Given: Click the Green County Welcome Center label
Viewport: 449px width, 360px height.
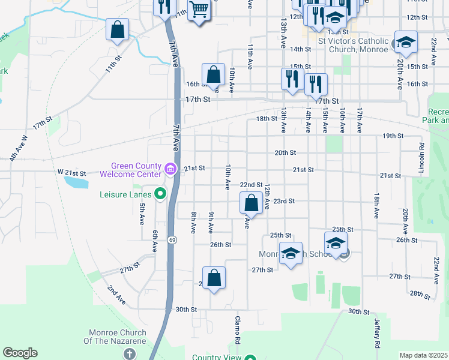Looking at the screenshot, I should click(136, 170).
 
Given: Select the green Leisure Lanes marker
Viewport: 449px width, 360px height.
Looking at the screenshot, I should click(160, 194).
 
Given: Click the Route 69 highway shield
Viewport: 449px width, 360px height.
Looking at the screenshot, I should click(172, 223).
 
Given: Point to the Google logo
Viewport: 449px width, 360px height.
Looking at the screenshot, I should click(20, 353).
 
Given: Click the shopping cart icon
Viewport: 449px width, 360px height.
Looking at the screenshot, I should click(197, 10).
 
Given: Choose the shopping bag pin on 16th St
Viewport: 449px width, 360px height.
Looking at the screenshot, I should click(213, 75).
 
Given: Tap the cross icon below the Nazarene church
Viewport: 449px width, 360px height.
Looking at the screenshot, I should click(128, 353).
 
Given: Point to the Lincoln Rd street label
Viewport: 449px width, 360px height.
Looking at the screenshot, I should click(422, 154).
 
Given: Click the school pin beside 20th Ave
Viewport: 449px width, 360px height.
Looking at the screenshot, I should click(405, 43).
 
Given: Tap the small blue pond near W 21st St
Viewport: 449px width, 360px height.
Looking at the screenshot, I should click(74, 181).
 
